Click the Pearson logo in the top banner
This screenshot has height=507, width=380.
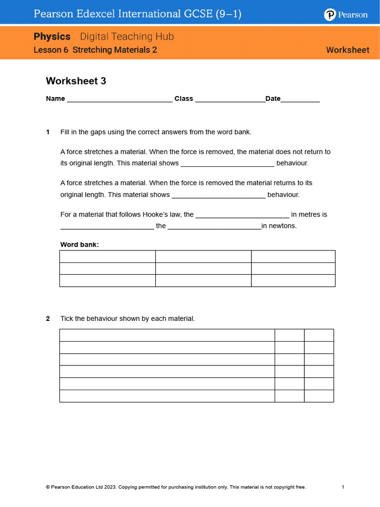(346, 15)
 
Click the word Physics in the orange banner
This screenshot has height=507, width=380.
(52, 37)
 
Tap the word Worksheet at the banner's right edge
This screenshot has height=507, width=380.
(347, 50)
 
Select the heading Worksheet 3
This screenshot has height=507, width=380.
(76, 81)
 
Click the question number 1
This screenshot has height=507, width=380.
(48, 132)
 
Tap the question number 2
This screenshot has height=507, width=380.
(48, 319)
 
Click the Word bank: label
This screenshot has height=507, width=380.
(80, 245)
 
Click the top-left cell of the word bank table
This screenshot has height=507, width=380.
(107, 256)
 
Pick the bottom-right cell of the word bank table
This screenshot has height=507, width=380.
(293, 281)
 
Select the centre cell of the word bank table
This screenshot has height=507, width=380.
(203, 268)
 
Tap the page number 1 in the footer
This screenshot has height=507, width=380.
(342, 487)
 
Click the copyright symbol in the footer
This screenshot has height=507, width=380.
(47, 487)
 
